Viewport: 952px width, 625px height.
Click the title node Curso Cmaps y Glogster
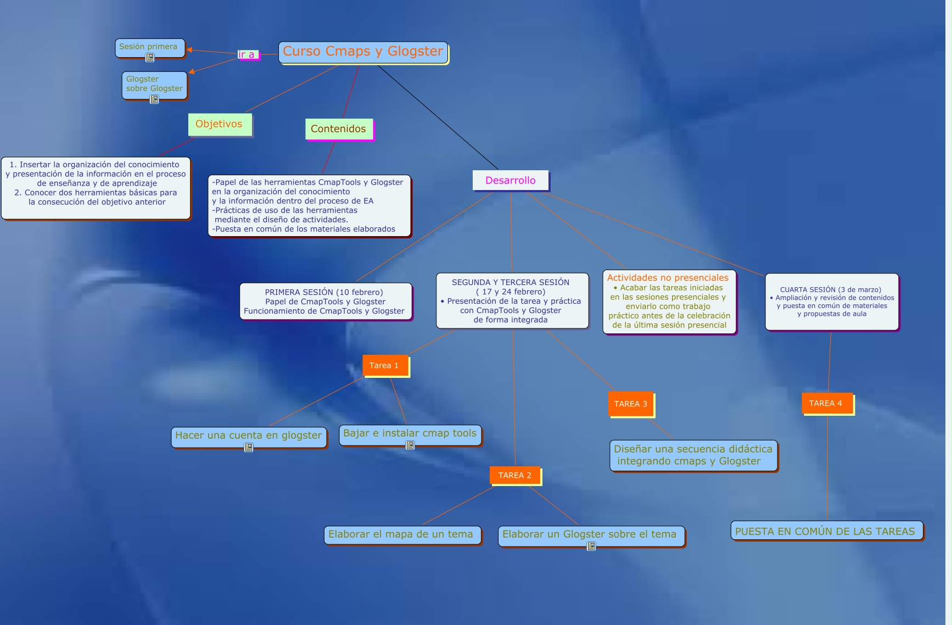pos(363,52)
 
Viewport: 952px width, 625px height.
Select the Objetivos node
pos(220,124)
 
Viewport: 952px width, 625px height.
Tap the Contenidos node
pos(339,129)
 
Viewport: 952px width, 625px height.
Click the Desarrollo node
pos(510,181)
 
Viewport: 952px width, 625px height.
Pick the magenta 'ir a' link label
pos(247,55)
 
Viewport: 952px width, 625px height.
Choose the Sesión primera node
pos(149,47)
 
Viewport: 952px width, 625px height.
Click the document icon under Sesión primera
pos(150,58)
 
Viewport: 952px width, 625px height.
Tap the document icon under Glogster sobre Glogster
pos(154,99)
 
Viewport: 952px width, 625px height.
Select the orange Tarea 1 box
pos(384,366)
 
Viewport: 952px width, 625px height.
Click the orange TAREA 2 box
pos(515,476)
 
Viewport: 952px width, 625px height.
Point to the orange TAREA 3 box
pos(630,404)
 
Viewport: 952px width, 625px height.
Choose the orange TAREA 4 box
pos(826,404)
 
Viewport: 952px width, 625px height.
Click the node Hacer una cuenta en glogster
pos(248,436)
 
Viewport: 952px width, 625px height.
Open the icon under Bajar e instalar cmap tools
pos(410,445)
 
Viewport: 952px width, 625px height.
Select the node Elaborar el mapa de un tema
pos(401,534)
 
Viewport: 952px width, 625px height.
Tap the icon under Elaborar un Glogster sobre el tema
pos(591,546)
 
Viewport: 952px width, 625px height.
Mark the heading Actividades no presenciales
pos(668,278)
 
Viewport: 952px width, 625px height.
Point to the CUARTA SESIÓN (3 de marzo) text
pos(831,289)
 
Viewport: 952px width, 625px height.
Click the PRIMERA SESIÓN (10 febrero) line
pos(324,292)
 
